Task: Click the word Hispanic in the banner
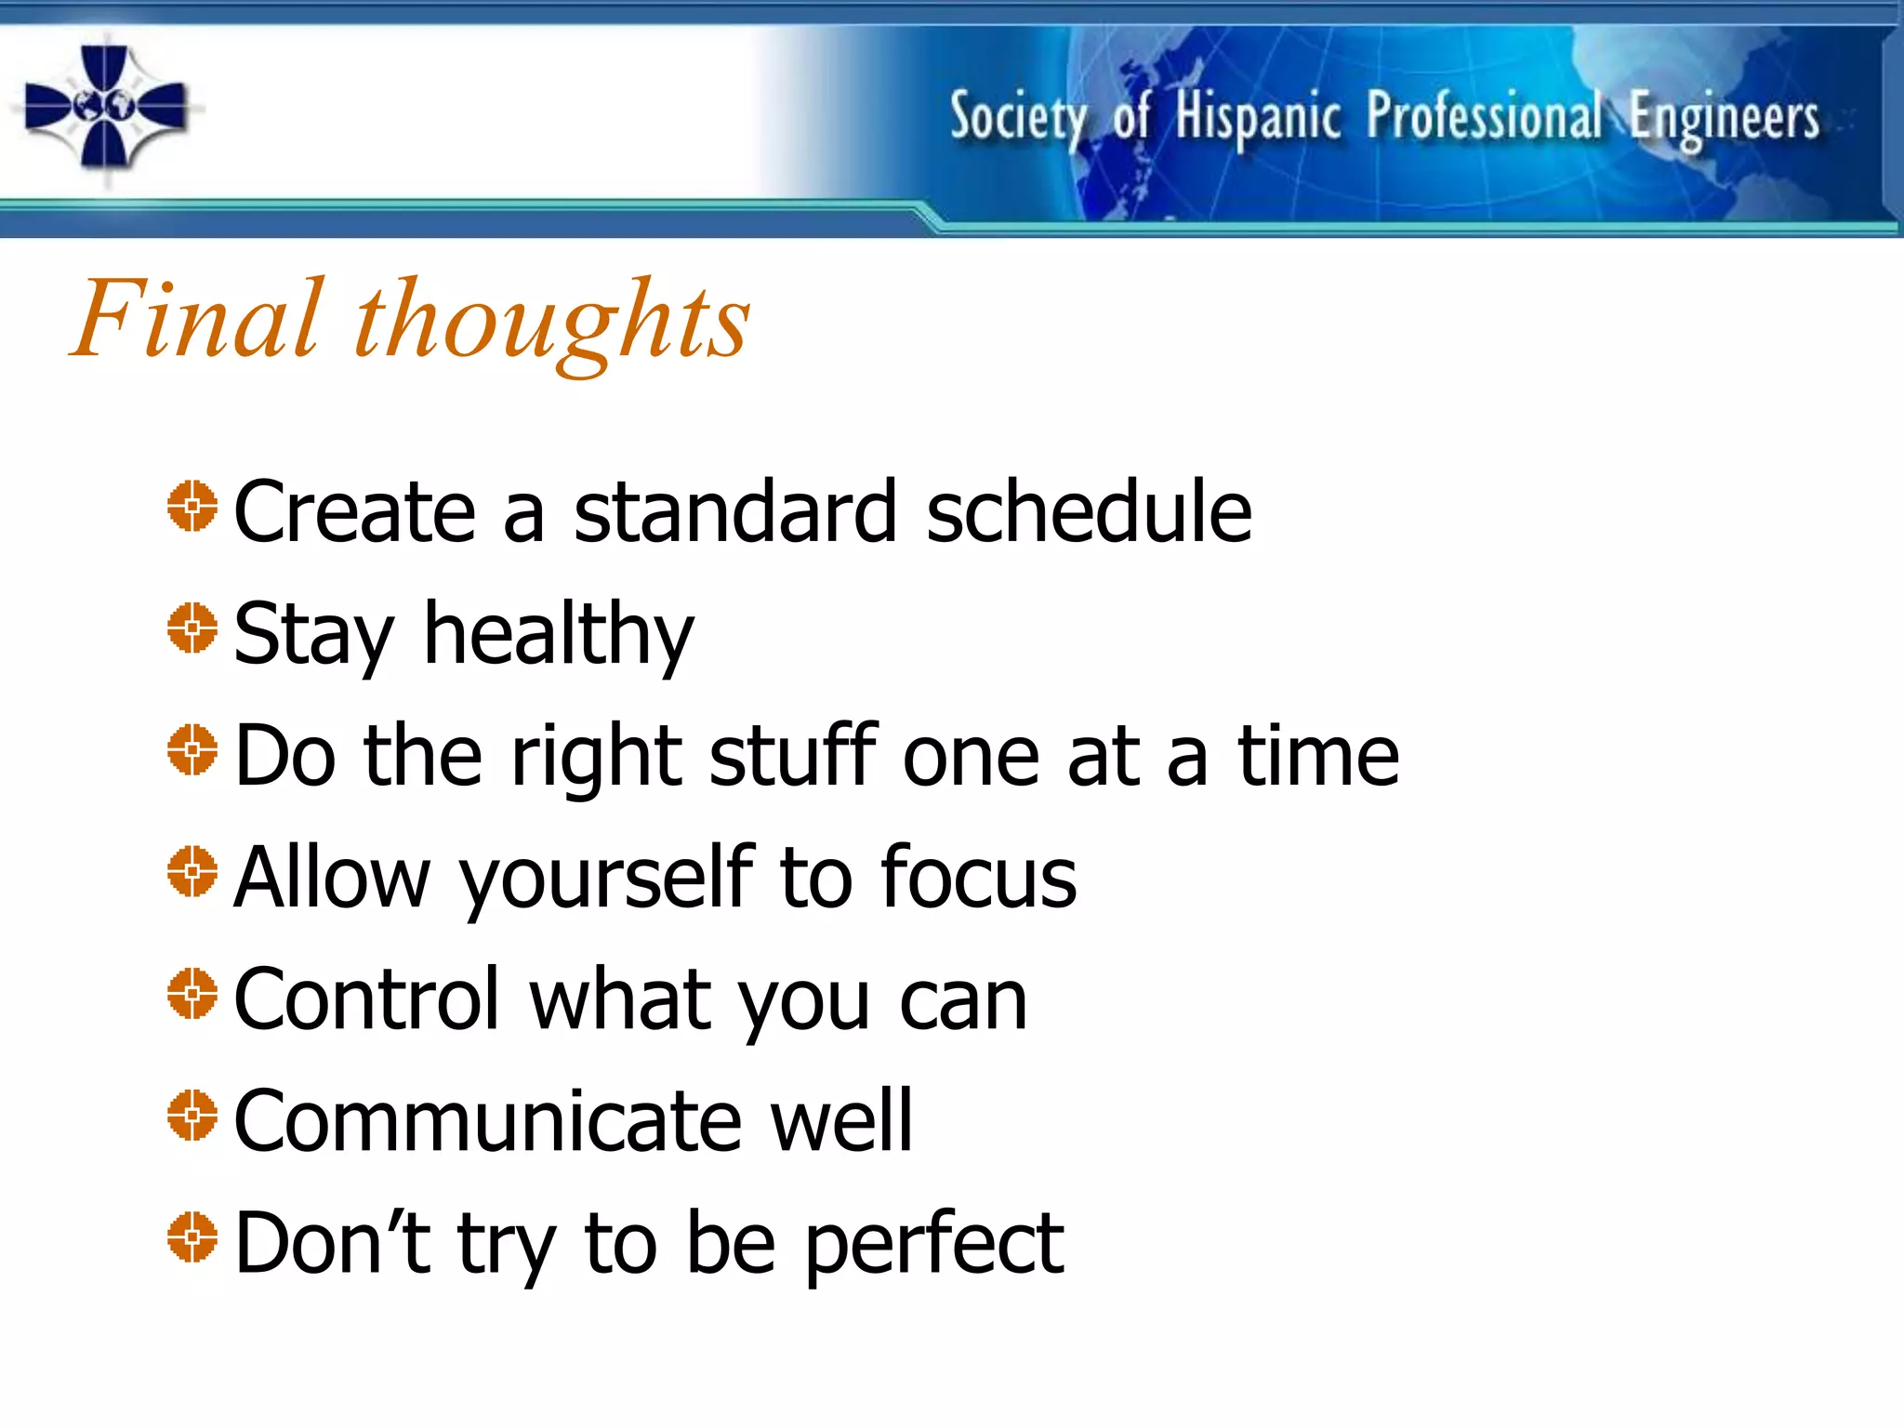[1257, 119]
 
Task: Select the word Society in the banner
[1017, 119]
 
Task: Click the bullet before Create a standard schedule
[192, 507]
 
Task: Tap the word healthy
[559, 635]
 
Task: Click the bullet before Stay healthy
[192, 628]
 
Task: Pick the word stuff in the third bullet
[793, 755]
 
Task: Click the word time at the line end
[1317, 757]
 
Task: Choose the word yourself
[608, 879]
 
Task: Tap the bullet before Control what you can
[192, 994]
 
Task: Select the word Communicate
[487, 1121]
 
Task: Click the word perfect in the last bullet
[933, 1245]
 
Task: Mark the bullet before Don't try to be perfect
[192, 1237]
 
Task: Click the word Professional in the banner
[1484, 117]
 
